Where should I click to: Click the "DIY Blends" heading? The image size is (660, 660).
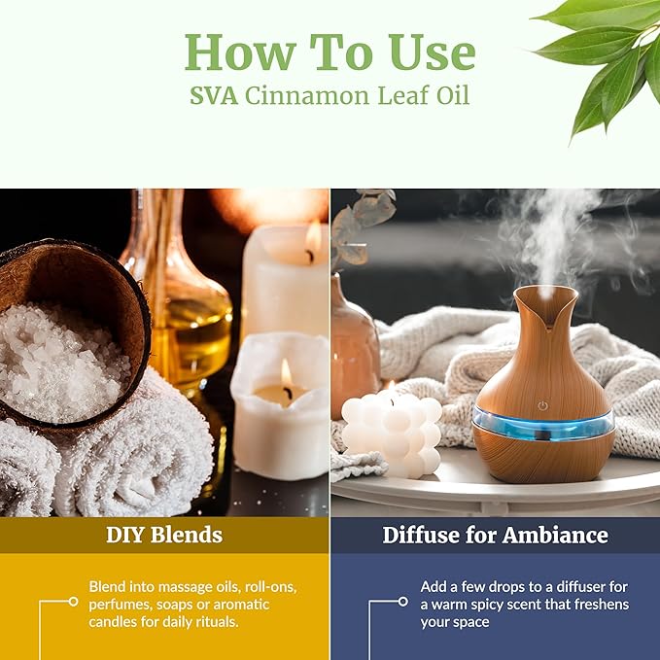click(164, 535)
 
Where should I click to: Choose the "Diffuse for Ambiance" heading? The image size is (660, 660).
click(495, 535)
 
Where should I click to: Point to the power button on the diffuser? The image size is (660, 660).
click(542, 404)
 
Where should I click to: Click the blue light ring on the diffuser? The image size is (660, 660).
click(543, 425)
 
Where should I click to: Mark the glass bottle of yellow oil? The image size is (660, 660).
click(185, 311)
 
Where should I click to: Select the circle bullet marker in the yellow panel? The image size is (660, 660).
click(73, 602)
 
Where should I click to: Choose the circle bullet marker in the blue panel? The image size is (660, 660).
click(403, 602)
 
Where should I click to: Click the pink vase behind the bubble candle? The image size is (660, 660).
click(354, 340)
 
